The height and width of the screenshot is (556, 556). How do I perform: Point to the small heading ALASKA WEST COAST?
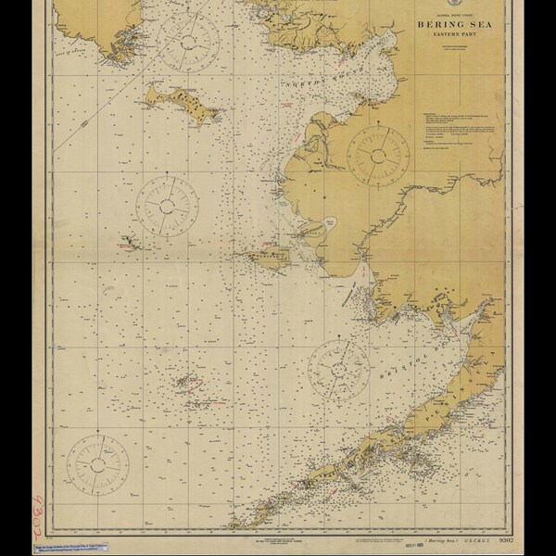451,12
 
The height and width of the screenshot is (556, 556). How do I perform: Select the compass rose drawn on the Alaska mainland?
378,152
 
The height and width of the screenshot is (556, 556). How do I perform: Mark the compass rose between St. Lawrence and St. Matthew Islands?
168,206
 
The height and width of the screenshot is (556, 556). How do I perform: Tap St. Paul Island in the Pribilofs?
188,382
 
